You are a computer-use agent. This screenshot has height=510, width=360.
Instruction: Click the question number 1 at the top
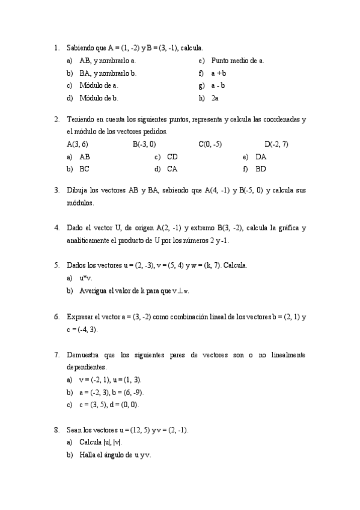click(56, 48)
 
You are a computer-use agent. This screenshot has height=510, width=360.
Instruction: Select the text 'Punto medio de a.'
click(237, 60)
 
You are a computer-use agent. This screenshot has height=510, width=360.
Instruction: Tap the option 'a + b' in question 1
click(219, 73)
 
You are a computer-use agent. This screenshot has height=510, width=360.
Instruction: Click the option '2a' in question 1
click(215, 97)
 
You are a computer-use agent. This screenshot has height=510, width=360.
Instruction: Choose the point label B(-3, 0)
click(144, 144)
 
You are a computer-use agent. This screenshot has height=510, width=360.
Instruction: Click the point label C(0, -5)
click(210, 144)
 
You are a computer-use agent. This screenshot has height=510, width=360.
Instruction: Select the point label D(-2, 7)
click(276, 144)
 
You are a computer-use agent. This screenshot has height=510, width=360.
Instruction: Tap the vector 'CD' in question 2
click(172, 156)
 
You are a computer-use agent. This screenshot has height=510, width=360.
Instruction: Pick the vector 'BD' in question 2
click(261, 169)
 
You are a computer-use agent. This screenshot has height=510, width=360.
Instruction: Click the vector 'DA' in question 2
click(261, 156)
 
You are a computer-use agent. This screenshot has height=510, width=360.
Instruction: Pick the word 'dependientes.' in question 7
click(87, 367)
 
